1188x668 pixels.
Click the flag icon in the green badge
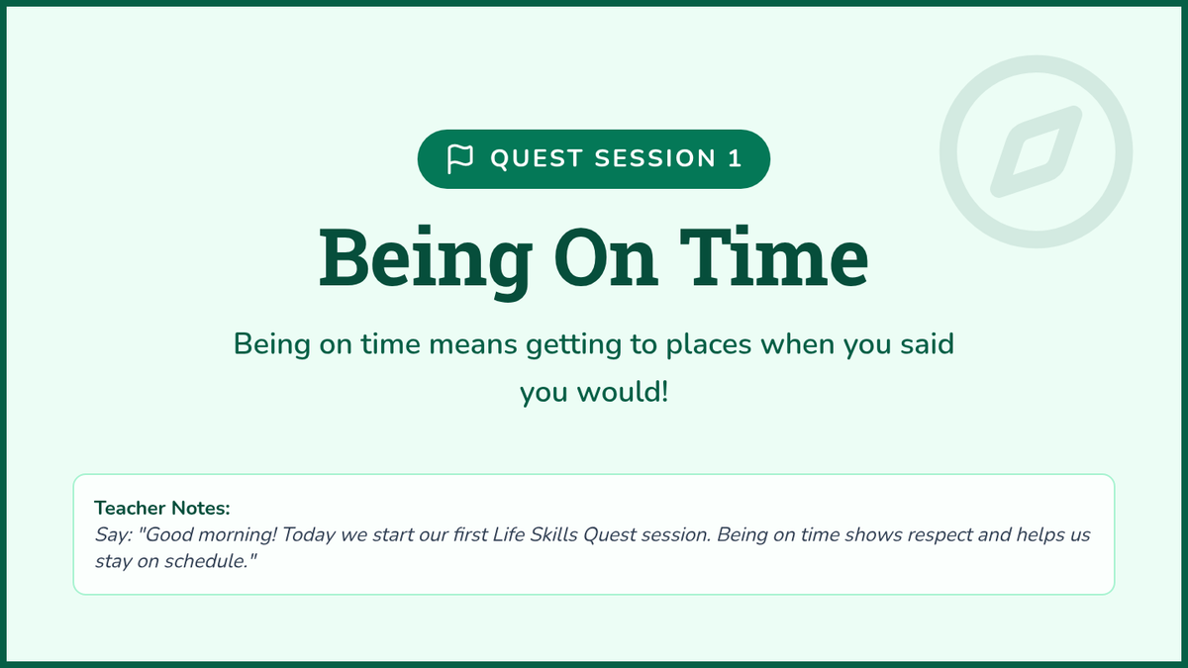coord(459,158)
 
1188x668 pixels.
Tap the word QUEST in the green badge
coord(537,158)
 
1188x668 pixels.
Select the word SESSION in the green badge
coord(655,158)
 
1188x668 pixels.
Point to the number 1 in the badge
coord(735,158)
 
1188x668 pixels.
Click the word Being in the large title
coord(426,259)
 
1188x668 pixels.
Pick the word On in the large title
coord(607,257)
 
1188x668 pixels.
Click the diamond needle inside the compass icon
coord(1037,151)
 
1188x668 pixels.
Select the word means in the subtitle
coord(472,344)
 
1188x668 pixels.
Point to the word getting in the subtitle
coord(573,345)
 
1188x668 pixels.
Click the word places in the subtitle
coord(709,345)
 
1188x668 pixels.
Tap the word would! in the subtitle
coord(623,393)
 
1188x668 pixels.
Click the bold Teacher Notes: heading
coord(162,508)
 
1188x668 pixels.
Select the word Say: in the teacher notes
coord(114,535)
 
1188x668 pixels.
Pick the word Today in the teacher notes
coord(308,535)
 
